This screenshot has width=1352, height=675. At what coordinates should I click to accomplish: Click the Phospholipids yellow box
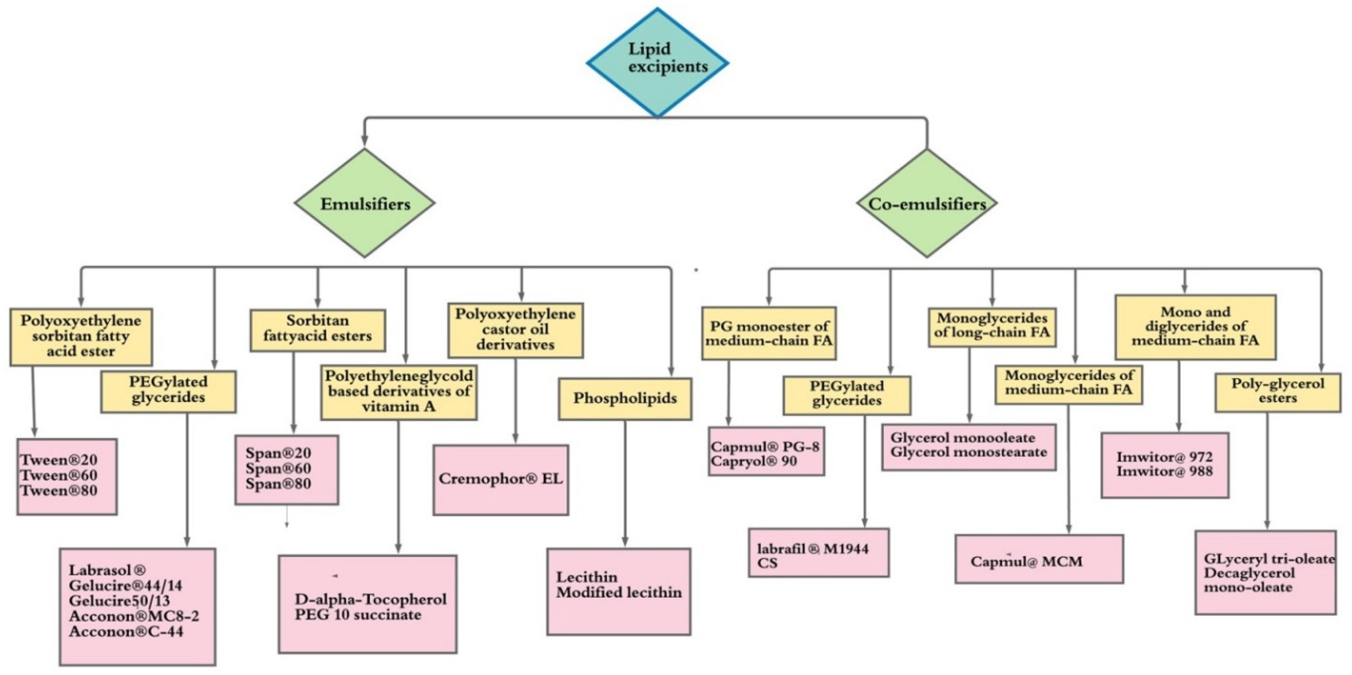(x=625, y=398)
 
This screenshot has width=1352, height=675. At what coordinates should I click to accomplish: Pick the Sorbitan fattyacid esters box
(x=318, y=329)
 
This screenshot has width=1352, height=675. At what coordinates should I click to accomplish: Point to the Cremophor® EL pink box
(x=501, y=479)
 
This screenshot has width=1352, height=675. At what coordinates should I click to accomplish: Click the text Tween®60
(x=59, y=476)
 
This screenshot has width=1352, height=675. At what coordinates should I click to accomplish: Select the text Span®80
(x=278, y=484)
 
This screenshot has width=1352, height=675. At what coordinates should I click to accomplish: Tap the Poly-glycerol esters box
(x=1277, y=391)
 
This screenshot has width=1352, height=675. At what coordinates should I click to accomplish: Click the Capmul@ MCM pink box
(x=1039, y=560)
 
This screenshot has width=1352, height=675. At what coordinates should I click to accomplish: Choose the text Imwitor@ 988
(x=1164, y=471)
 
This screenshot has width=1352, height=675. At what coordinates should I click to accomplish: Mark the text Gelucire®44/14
(x=125, y=585)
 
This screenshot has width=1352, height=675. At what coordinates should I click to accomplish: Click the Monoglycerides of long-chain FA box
(x=992, y=326)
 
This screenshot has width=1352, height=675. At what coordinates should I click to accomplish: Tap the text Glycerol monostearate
(x=968, y=452)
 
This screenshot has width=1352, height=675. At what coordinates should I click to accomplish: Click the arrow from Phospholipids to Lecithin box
(x=625, y=483)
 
